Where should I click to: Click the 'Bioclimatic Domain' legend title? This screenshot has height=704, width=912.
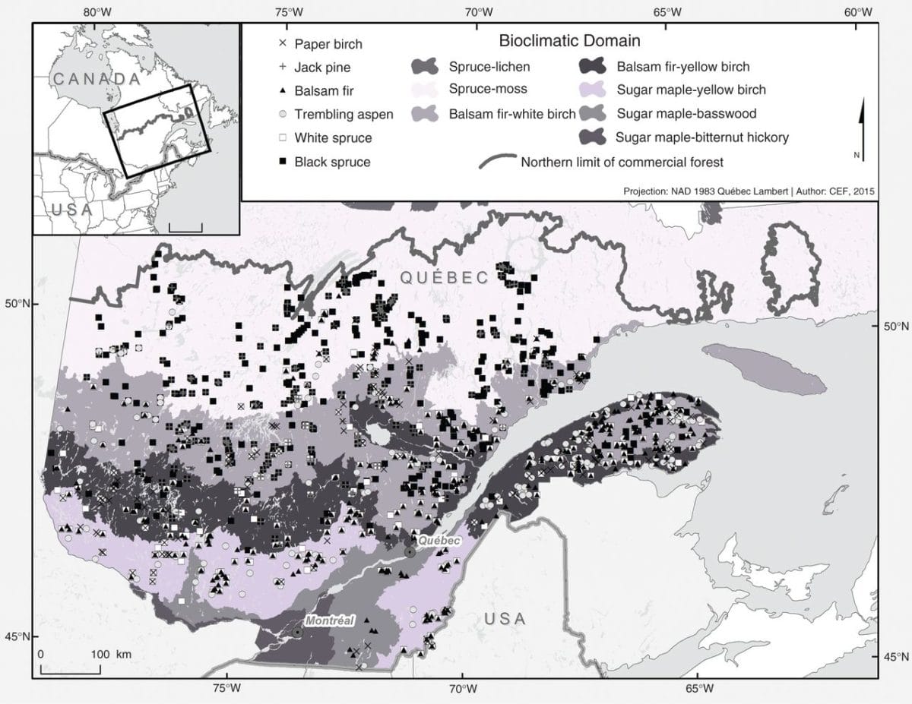pyautogui.click(x=570, y=40)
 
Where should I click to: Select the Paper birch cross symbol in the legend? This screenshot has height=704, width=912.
pyautogui.click(x=282, y=43)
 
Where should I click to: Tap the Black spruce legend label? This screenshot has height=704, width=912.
pyautogui.click(x=333, y=162)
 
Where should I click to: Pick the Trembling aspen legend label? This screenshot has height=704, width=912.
pyautogui.click(x=344, y=115)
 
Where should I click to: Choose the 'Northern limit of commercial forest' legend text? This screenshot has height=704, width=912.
pyautogui.click(x=622, y=162)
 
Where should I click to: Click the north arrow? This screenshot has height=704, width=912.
pyautogui.click(x=861, y=122)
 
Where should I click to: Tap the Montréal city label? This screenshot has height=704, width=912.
pyautogui.click(x=331, y=621)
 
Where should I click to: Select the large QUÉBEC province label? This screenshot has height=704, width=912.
pyautogui.click(x=445, y=278)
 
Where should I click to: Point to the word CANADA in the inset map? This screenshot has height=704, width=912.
pyautogui.click(x=97, y=79)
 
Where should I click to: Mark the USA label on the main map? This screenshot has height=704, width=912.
pyautogui.click(x=505, y=619)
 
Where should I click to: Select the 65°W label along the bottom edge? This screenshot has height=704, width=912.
pyautogui.click(x=698, y=689)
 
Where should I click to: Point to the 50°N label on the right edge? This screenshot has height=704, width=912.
pyautogui.click(x=896, y=327)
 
